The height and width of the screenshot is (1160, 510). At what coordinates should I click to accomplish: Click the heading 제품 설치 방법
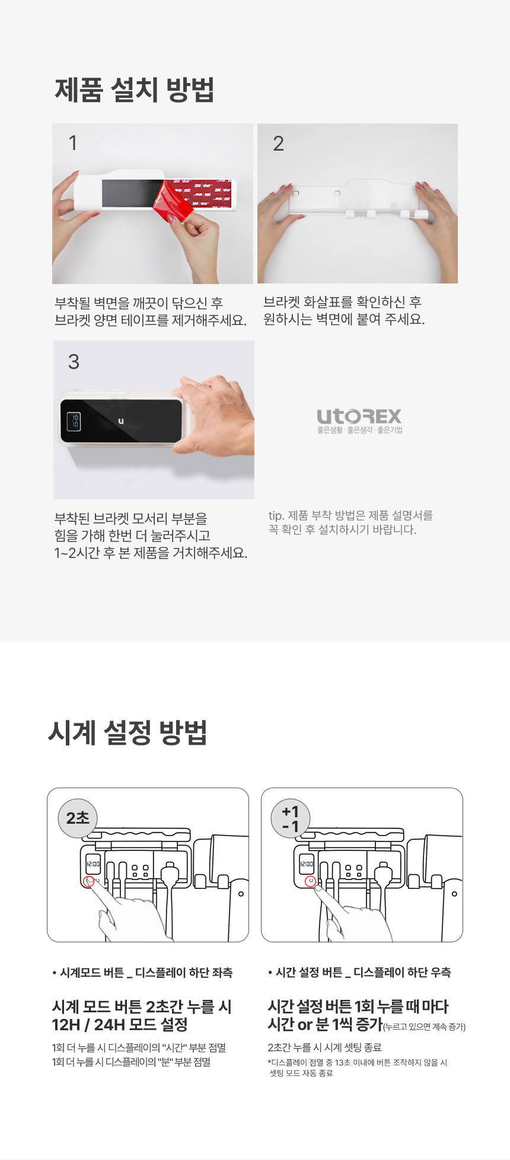coord(135,90)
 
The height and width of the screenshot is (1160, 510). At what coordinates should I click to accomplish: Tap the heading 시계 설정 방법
coord(128,732)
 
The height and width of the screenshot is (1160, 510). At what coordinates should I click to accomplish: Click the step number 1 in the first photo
coord(73,143)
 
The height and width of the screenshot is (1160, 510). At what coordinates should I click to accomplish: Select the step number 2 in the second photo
coord(278,144)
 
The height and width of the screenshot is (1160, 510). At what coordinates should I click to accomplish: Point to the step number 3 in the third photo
coord(74,362)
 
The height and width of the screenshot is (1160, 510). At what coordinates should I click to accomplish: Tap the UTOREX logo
coord(359,421)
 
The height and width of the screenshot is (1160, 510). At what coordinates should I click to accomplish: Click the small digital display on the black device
coord(74,421)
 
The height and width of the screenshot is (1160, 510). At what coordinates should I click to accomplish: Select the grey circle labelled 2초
coord(78,818)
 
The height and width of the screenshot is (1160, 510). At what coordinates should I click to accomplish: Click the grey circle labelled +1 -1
coord(291,818)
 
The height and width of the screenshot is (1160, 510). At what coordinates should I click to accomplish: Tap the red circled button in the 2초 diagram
coord(90,881)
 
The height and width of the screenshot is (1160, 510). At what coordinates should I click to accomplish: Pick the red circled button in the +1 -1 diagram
coord(310,881)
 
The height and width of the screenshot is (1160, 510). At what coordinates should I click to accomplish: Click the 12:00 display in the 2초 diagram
coord(93,864)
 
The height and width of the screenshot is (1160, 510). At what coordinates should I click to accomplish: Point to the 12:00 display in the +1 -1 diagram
coord(307,864)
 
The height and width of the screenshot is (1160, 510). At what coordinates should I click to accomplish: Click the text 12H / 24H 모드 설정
coord(120,1025)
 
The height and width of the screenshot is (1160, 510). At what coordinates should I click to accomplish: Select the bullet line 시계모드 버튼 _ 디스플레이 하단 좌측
coord(142,973)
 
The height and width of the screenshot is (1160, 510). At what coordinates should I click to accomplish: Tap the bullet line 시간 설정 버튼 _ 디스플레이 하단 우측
coord(359,973)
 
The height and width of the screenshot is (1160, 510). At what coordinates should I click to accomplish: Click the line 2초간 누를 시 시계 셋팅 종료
coord(324,1047)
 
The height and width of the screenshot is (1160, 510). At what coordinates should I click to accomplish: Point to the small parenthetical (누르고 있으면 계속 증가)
coord(425,1027)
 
